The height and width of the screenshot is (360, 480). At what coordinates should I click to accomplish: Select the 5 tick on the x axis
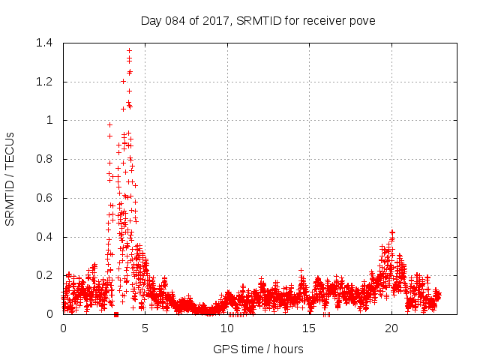[145, 328]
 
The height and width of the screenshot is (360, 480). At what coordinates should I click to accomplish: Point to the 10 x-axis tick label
[227, 328]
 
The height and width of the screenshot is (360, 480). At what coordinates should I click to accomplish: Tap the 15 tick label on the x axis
[309, 328]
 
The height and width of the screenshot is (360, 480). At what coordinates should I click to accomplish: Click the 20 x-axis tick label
[391, 328]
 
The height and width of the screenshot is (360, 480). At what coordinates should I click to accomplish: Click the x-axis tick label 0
[63, 328]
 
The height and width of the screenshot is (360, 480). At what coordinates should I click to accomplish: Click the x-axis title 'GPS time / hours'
[258, 349]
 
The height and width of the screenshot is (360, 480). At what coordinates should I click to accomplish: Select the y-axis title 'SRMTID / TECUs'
[10, 178]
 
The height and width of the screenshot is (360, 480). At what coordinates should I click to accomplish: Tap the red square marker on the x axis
[115, 314]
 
